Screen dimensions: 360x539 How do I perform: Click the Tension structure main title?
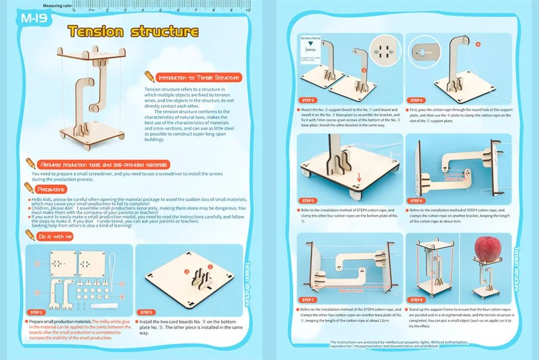point(132,31)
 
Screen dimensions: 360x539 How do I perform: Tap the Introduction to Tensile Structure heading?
point(198,78)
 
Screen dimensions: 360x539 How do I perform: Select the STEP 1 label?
point(37,312)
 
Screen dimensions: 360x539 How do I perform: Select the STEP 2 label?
point(147,312)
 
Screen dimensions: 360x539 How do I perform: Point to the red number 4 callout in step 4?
point(477,44)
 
